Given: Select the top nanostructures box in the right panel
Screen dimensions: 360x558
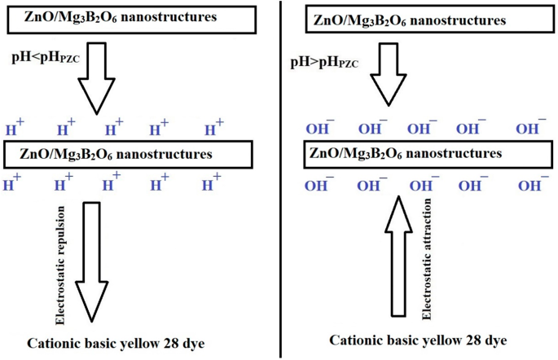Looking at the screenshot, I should [x=415, y=21].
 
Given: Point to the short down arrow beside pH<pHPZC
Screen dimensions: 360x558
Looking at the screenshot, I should [x=101, y=77].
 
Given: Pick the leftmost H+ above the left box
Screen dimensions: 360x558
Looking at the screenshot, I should [x=15, y=128].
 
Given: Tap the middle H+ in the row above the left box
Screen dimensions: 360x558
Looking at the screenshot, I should [x=113, y=128].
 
